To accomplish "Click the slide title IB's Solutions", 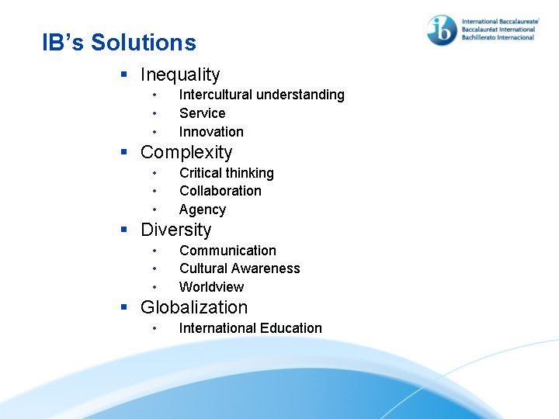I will pos(119,43).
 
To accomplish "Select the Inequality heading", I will pos(180,75).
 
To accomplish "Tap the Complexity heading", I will pos(186,153).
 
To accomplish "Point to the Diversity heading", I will pos(175,230).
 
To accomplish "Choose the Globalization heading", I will pos(194,308).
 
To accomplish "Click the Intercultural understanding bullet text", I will pos(262,95).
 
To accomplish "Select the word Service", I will pos(202,113).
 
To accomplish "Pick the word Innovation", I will pos(211,132).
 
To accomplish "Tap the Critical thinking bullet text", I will pos(226,173).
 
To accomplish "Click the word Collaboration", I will pos(220,191).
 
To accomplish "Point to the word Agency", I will pos(202,209).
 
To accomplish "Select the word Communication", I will pos(227,251).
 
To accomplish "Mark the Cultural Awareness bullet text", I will pos(239,268).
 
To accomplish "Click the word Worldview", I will pos(211,287).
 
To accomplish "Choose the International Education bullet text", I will pos(250,328).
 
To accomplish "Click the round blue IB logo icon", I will pos(442,30).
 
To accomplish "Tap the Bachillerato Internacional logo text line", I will pos(498,37).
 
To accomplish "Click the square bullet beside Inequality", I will pos(124,75).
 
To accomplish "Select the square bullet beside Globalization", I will pos(124,308).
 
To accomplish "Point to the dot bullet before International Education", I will pos(155,328).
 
